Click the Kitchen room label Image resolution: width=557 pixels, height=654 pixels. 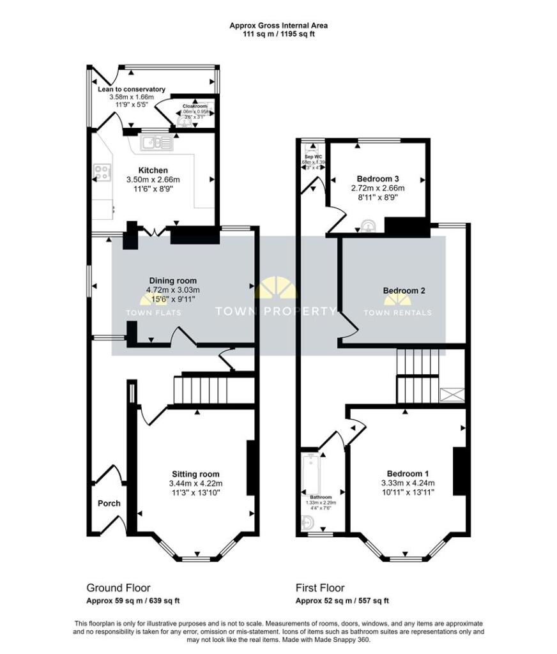pyautogui.click(x=153, y=170)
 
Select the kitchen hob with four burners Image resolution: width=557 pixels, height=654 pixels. pyautogui.click(x=102, y=171)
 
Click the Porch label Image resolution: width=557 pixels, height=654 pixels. pyautogui.click(x=109, y=503)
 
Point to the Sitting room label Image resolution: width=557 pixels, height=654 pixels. pyautogui.click(x=195, y=474)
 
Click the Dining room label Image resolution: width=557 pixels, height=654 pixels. pyautogui.click(x=173, y=280)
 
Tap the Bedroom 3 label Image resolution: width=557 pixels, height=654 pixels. pyautogui.click(x=378, y=178)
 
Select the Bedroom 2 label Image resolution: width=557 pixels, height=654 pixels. pyautogui.click(x=404, y=291)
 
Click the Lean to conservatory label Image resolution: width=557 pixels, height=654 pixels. pyautogui.click(x=132, y=89)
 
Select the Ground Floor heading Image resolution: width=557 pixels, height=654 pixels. pyautogui.click(x=118, y=588)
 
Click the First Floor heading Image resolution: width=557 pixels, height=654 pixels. pyautogui.click(x=319, y=588)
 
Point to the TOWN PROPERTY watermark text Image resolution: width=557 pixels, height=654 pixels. pyautogui.click(x=275, y=312)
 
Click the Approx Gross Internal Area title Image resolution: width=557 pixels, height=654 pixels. pyautogui.click(x=278, y=26)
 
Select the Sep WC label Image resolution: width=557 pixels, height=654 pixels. pyautogui.click(x=312, y=155)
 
